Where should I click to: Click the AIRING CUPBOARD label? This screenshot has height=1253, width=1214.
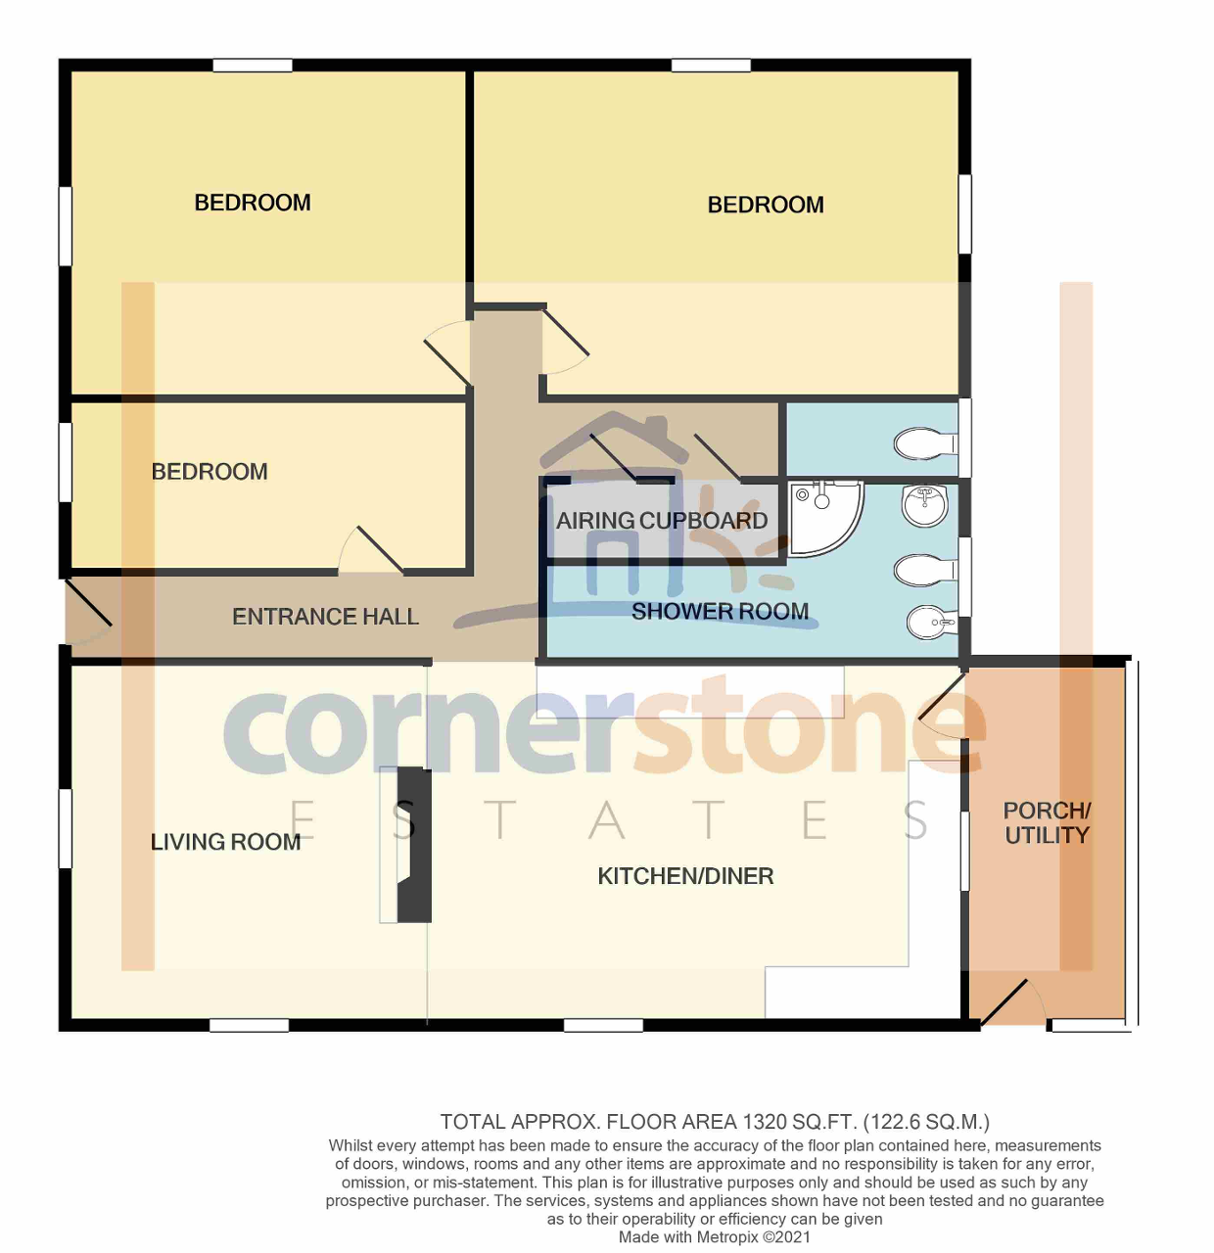coord(662,521)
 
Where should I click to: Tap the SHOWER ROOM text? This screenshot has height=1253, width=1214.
coord(720,612)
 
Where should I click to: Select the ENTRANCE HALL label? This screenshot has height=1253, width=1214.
coord(325,617)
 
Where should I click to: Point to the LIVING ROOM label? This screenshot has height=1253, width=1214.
coord(225,842)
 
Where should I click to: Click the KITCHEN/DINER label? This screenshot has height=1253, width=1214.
coord(685,876)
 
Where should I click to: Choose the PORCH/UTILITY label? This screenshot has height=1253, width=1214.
coord(1047,823)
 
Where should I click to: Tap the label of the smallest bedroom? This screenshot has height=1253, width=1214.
coord(210,472)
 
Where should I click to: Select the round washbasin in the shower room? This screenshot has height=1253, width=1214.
coord(924,505)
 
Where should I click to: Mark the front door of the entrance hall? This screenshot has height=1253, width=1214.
coord(88,604)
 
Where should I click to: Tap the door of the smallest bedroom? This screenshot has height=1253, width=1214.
coord(379,549)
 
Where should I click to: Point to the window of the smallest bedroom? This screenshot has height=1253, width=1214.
coord(66,462)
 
